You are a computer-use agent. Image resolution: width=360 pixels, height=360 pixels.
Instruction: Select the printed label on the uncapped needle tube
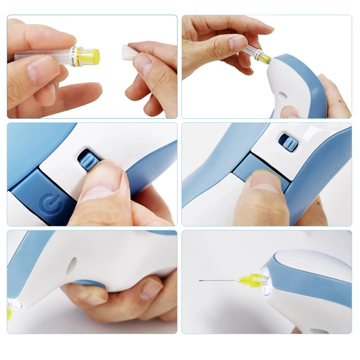click(x=76, y=56)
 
